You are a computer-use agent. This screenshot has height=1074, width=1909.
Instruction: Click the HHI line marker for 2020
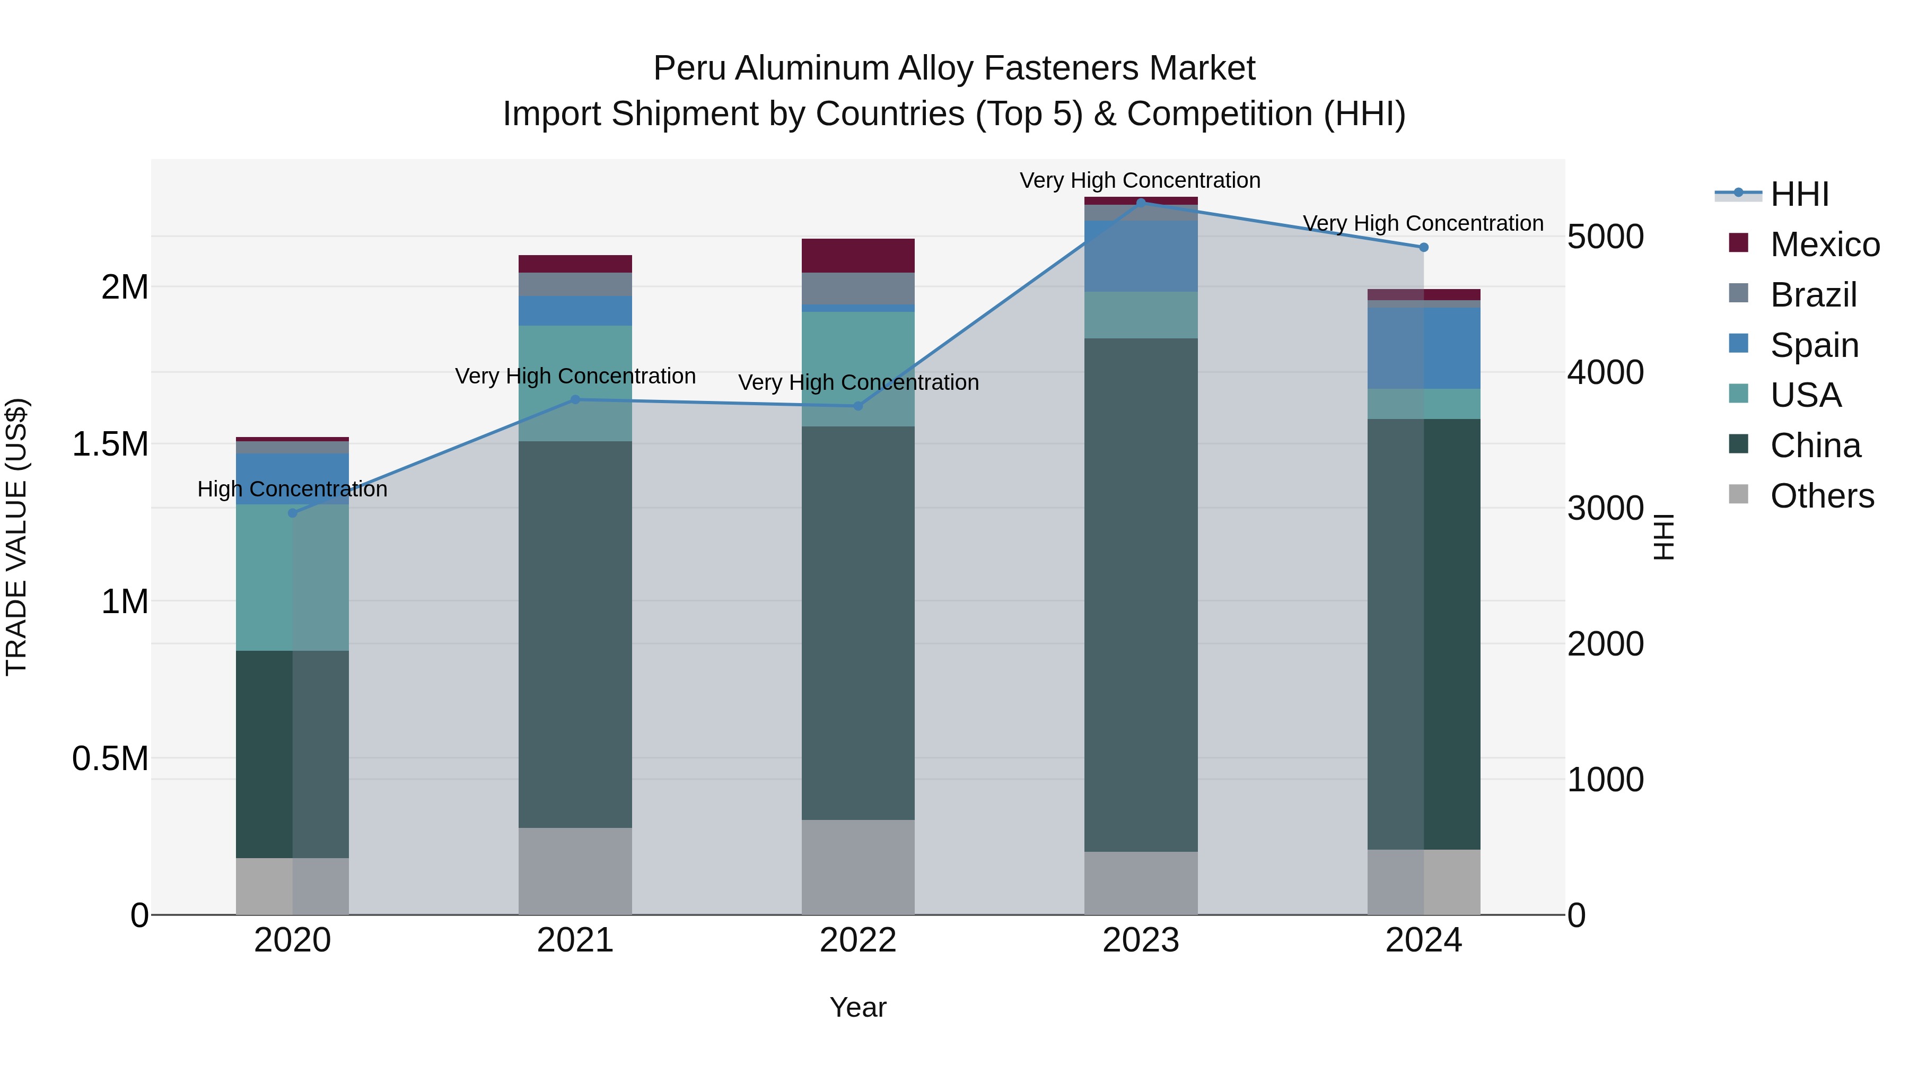click(292, 513)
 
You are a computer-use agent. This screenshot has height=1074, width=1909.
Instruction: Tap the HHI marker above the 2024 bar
click(1424, 248)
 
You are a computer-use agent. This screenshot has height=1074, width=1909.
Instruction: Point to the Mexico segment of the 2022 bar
click(858, 256)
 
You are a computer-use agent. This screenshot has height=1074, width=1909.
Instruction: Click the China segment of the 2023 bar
click(1141, 593)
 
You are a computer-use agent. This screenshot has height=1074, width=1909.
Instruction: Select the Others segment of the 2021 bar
click(575, 871)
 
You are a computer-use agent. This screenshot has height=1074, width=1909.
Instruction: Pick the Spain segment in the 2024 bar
click(1424, 348)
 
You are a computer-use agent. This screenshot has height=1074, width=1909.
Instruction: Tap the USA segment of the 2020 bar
click(292, 578)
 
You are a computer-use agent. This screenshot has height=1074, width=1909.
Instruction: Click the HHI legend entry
click(1799, 194)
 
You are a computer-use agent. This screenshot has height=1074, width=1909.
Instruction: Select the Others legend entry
click(1822, 496)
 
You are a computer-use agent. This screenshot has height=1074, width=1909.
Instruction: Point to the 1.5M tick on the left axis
click(110, 445)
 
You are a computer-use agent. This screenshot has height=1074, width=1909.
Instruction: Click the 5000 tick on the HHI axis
click(1605, 237)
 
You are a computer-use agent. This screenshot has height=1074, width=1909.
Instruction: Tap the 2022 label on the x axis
click(858, 940)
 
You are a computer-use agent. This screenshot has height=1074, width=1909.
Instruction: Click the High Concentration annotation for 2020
click(292, 489)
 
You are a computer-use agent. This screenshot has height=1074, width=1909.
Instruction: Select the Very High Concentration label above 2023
click(1140, 180)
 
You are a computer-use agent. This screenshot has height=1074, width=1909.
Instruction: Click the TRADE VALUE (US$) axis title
click(16, 537)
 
